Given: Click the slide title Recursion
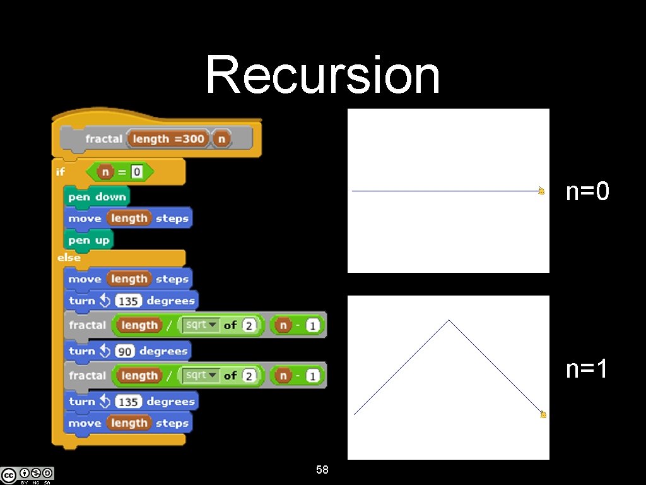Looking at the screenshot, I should [x=322, y=75].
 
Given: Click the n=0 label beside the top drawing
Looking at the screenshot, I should [x=587, y=191].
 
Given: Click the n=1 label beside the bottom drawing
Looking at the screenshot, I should [x=587, y=368].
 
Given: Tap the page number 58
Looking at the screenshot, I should [x=322, y=470].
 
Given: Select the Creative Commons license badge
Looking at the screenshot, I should [x=27, y=475].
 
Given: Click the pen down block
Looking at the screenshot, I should [x=97, y=197].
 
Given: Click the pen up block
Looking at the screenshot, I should [x=89, y=241].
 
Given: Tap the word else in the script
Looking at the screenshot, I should [x=69, y=258].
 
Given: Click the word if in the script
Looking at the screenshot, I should [x=61, y=172].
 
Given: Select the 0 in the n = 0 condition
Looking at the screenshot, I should [x=136, y=172].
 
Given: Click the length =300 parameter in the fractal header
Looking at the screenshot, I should [x=168, y=139].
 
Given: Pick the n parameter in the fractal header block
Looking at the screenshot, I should [x=221, y=139].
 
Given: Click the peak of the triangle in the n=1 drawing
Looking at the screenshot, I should [x=449, y=320].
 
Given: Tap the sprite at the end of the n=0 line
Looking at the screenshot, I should [x=541, y=191].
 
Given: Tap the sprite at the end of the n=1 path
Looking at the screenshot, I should [x=543, y=414].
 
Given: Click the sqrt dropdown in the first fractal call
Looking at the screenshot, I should [x=199, y=325].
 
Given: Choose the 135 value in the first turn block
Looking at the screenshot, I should [x=129, y=301].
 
